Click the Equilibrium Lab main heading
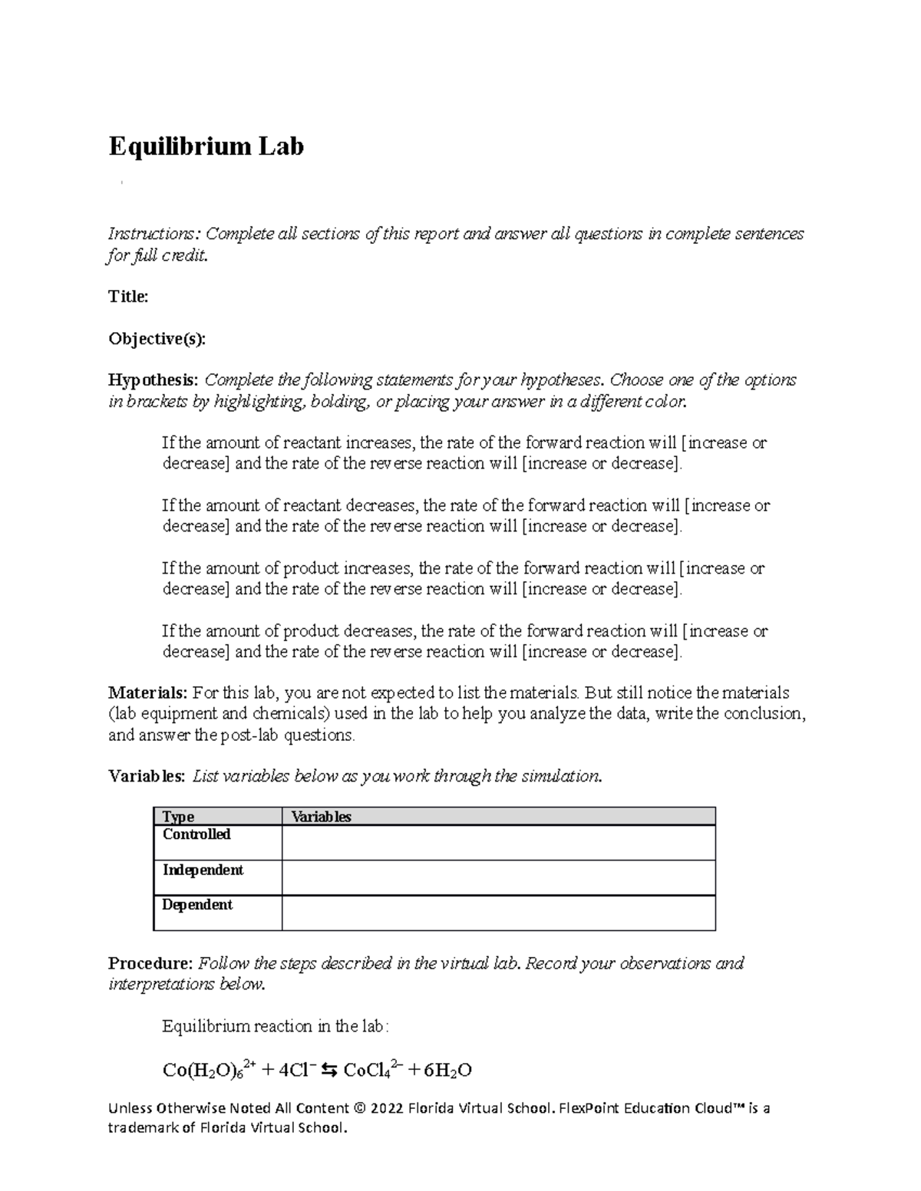click(x=206, y=146)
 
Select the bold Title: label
click(x=128, y=297)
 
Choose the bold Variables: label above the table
click(x=147, y=776)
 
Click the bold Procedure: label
click(x=150, y=963)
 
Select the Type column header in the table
click(x=178, y=817)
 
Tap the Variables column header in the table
click(x=321, y=817)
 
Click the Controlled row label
click(x=196, y=834)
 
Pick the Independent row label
click(x=203, y=870)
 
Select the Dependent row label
click(x=197, y=905)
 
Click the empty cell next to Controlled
click(x=498, y=842)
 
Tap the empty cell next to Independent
click(x=498, y=877)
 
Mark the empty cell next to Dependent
click(x=498, y=913)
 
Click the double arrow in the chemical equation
click(x=328, y=1070)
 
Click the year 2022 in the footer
click(x=387, y=1108)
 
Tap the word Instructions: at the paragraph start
click(x=153, y=234)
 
